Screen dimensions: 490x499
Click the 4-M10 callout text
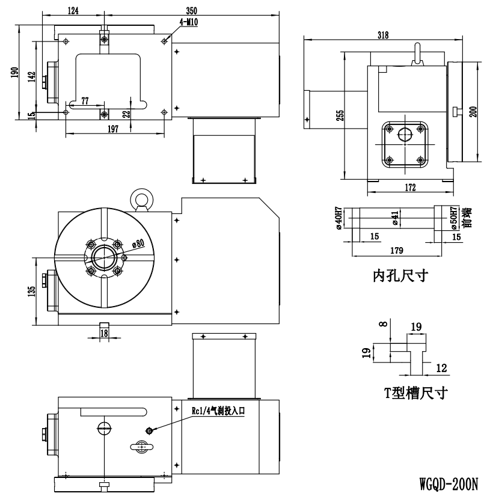click(189, 22)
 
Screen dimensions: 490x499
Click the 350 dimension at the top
click(192, 10)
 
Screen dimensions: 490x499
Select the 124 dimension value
click(73, 10)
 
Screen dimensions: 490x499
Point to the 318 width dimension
click(383, 35)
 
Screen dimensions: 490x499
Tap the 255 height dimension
click(340, 115)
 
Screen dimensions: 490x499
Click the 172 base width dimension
click(411, 188)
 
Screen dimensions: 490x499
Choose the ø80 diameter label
click(138, 243)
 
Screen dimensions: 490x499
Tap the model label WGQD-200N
click(449, 485)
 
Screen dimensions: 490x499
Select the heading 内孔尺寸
click(400, 275)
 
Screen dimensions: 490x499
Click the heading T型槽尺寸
click(416, 393)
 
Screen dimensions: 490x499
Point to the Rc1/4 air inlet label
click(218, 411)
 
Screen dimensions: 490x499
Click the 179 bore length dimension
click(397, 251)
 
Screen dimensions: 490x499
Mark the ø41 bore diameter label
click(396, 218)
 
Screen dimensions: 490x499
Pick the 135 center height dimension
click(31, 291)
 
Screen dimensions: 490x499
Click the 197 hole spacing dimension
click(113, 129)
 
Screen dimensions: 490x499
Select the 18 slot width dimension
click(104, 333)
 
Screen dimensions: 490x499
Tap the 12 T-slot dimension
click(441, 368)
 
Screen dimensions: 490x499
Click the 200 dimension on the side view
click(473, 112)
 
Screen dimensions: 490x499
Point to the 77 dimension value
click(85, 101)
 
